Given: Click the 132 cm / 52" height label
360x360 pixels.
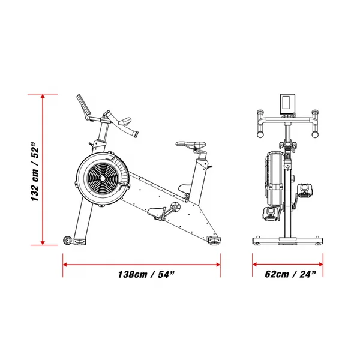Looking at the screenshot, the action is click(x=35, y=172).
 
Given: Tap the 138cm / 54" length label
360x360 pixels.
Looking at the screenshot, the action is click(x=146, y=275).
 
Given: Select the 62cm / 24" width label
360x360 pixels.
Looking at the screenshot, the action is click(x=290, y=274).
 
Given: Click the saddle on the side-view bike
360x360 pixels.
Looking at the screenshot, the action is click(x=191, y=145).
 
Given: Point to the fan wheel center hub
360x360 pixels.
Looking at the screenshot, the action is click(x=103, y=178).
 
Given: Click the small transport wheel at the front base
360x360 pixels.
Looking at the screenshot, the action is click(x=67, y=241).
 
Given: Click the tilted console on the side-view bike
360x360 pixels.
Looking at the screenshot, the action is click(x=83, y=105).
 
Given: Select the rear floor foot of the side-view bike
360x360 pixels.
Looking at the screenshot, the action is click(x=214, y=240).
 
